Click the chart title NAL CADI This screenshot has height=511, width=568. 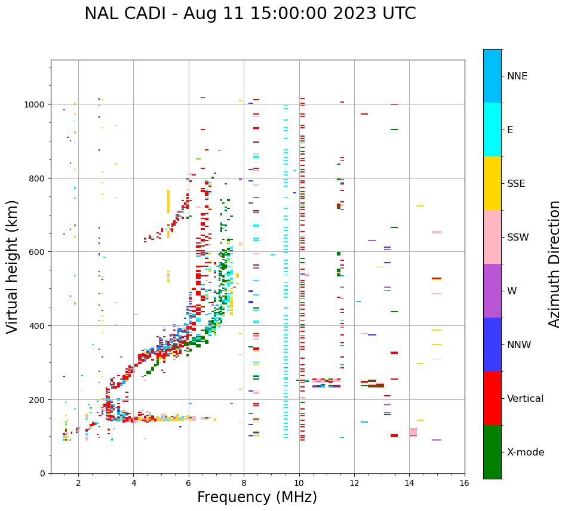250,14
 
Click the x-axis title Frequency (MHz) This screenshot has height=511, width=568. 257,497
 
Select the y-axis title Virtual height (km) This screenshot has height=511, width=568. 13,267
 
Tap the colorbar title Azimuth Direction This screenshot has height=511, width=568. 554,264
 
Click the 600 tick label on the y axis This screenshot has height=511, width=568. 38,252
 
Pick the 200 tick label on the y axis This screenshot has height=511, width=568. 38,399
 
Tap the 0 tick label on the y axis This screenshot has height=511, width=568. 42,473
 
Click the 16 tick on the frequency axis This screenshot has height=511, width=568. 464,484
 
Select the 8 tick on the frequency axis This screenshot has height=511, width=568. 244,484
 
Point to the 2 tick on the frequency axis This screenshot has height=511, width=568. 78,484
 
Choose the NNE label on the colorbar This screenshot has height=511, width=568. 517,76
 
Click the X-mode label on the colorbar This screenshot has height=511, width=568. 526,452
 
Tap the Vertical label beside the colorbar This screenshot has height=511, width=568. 525,399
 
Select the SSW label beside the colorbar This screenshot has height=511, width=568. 518,238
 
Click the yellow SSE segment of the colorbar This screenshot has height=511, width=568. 492,183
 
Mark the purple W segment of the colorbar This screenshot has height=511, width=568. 492,291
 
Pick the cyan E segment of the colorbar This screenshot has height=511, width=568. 492,130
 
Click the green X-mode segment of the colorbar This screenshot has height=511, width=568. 492,452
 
